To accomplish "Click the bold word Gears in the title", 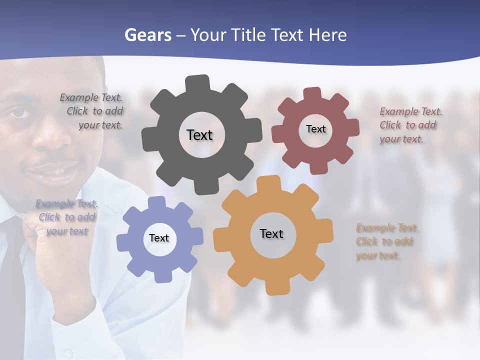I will click(x=147, y=35).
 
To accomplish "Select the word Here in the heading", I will click(x=327, y=35).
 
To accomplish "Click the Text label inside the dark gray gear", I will click(x=199, y=135).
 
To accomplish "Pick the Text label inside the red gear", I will click(x=315, y=129).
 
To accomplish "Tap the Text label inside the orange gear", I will click(x=271, y=233).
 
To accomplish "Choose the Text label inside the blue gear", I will click(x=159, y=238).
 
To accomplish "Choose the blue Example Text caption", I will click(x=66, y=217).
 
